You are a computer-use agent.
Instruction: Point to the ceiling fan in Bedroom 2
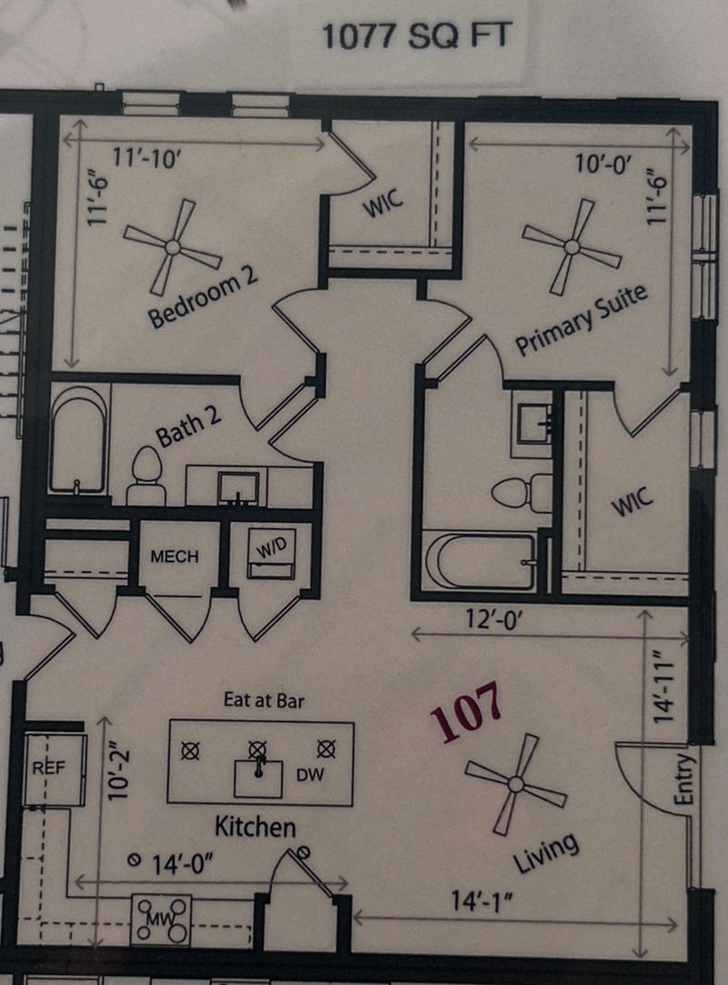click(x=172, y=246)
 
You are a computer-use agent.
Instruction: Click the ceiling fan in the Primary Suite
click(x=571, y=246)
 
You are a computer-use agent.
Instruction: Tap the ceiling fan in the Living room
click(x=515, y=783)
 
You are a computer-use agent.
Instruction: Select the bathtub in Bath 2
click(x=77, y=440)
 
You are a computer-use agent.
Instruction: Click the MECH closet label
click(x=174, y=556)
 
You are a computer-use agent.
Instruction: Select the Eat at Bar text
click(x=263, y=700)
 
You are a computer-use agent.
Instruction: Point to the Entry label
click(x=684, y=779)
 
